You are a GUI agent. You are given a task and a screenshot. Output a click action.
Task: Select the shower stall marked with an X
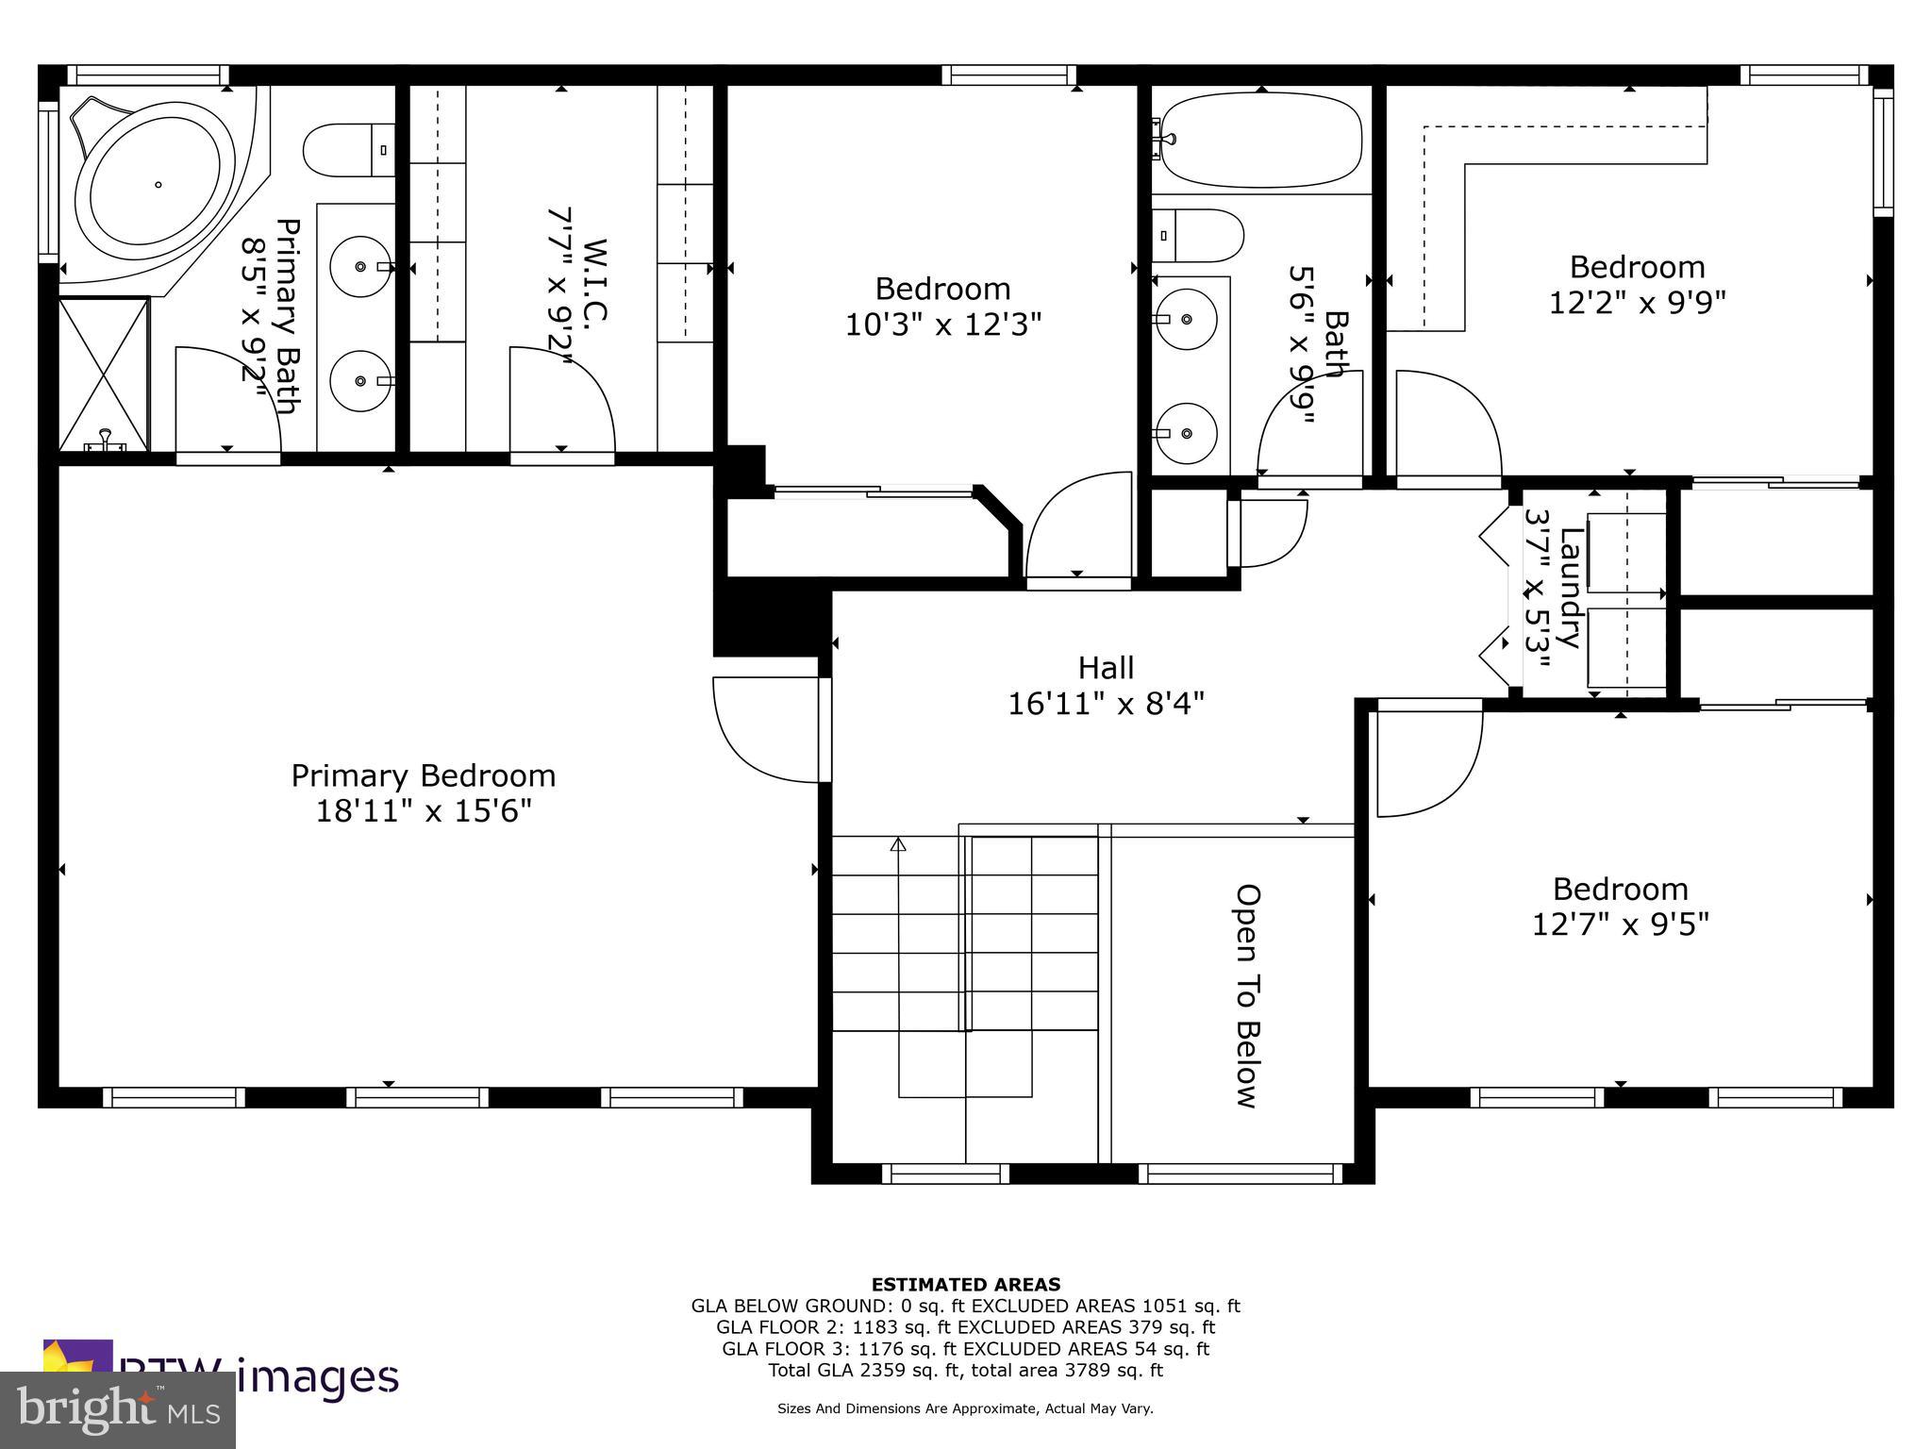104,374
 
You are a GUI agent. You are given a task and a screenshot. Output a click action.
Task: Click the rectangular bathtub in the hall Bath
1260,142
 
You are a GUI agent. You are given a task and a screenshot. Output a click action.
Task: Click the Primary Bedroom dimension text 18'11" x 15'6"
424,811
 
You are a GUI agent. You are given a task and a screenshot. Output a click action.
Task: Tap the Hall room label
1106,668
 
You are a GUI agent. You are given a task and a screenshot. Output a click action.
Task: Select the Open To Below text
1247,995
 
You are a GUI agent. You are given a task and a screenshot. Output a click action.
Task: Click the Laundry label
1569,588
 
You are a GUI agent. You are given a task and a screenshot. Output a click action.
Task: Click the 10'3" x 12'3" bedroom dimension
942,325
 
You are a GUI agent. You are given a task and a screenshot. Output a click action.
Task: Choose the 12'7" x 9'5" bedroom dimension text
1620,924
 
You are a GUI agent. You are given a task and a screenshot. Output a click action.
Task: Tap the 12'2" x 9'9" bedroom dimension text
1637,302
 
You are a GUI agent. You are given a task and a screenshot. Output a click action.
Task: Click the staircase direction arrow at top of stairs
898,844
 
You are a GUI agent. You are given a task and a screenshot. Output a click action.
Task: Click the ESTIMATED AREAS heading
965,1284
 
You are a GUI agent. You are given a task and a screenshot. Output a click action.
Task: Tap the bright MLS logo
118,1409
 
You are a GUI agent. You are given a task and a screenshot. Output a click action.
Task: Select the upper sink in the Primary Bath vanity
361,267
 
